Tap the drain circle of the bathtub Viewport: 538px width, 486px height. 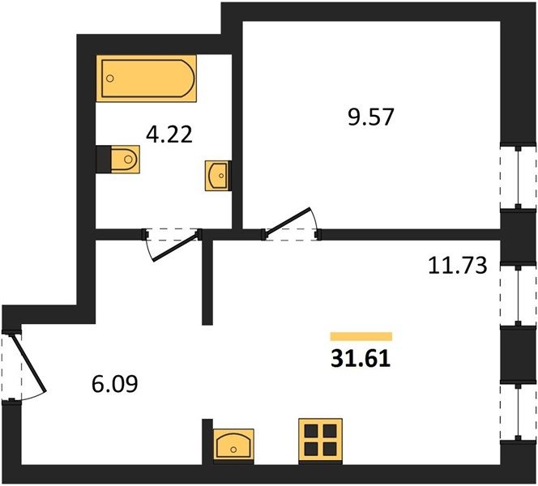110,79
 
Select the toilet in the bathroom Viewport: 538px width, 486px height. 126,160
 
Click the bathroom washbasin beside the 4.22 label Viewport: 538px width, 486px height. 218,176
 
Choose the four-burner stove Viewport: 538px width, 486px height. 321,441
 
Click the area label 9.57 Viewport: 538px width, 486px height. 370,117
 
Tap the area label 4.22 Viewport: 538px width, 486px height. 169,134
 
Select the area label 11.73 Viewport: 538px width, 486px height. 458,266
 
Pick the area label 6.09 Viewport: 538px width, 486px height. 115,383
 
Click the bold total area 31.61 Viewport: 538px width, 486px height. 361,359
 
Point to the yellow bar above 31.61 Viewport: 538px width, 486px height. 361,336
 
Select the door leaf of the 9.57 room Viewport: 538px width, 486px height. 288,221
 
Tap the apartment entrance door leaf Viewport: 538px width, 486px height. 29,362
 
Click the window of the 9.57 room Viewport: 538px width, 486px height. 518,177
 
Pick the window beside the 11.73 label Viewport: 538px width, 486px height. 518,294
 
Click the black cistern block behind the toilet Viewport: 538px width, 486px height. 103,160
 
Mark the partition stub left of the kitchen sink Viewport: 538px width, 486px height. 207,441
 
